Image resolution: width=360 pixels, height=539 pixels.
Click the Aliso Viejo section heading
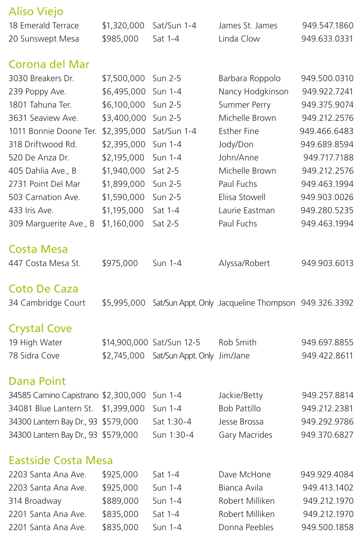36,12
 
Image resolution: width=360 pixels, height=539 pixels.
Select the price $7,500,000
124,79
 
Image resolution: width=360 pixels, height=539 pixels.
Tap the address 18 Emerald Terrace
43,26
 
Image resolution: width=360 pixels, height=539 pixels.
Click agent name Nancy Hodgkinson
253,92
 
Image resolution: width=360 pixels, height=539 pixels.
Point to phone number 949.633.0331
327,39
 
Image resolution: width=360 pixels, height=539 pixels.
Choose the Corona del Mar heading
49,64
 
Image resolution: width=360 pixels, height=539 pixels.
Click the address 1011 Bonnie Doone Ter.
53,131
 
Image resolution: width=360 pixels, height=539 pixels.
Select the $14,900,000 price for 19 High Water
125,343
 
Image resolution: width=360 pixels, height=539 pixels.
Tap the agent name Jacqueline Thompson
257,303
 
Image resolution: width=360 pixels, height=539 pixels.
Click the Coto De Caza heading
43,289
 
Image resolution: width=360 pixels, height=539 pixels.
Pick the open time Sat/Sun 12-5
176,343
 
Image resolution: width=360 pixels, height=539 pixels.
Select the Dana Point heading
37,381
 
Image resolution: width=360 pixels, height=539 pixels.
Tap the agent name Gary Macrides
245,435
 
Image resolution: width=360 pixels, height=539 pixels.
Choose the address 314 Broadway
35,501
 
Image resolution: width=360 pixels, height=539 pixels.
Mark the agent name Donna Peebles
246,527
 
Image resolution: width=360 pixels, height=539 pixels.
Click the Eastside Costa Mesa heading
61,460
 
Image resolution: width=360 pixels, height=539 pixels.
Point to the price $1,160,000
123,224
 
